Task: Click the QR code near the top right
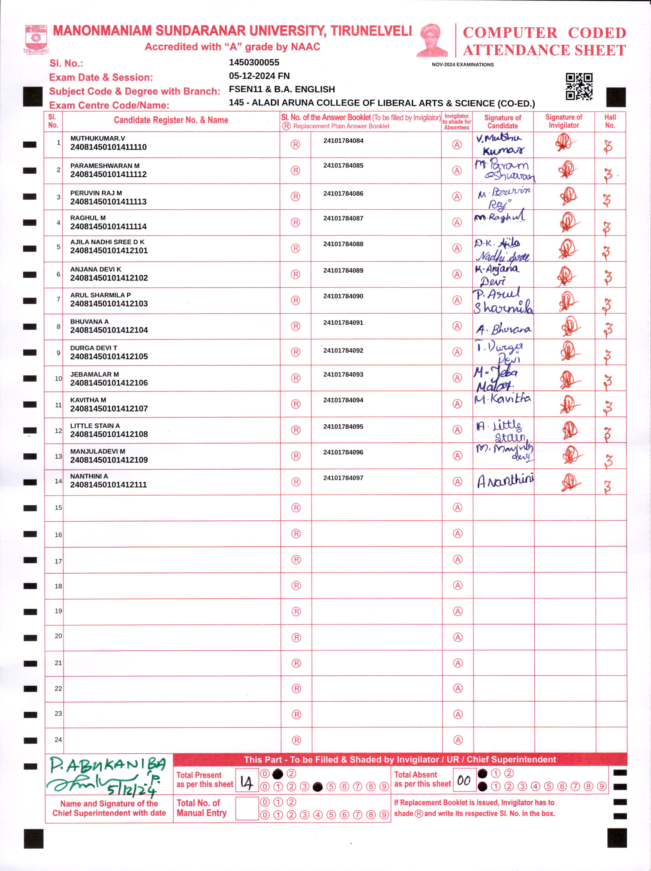579,86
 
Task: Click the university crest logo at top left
36,39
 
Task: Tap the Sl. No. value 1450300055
254,62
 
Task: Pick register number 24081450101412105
109,356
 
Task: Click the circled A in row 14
457,482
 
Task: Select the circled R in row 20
296,637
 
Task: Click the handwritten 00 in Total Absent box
464,780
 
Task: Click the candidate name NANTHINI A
89,476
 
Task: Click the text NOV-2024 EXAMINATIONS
463,65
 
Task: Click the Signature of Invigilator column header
563,121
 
